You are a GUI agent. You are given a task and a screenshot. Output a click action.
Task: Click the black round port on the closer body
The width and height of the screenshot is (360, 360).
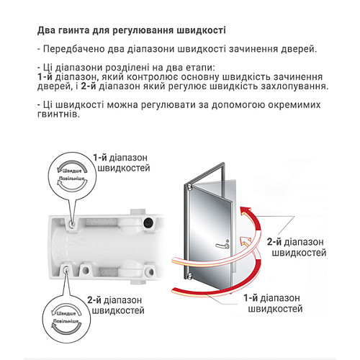[x=149, y=222]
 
